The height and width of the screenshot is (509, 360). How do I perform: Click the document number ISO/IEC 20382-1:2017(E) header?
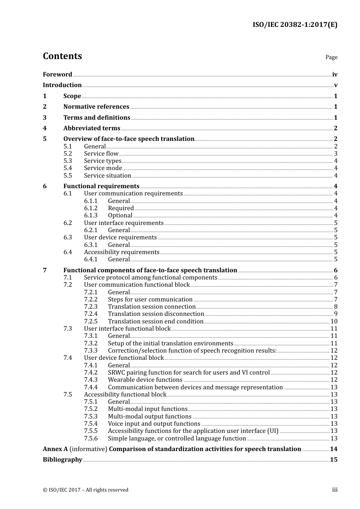295,25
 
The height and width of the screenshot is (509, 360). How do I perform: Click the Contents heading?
62,56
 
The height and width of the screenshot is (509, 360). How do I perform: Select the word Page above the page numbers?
331,57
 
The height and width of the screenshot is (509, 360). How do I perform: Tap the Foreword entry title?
57,74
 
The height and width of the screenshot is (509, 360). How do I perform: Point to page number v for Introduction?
335,85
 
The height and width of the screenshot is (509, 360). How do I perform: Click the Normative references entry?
96,107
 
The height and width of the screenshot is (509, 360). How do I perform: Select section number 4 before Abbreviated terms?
45,128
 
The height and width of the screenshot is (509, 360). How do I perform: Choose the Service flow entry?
101,153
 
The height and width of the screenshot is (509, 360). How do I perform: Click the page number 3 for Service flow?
335,153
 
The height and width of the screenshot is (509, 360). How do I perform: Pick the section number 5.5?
67,175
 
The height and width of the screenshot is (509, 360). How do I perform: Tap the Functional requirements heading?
101,186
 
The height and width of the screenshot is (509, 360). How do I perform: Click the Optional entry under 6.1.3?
120,215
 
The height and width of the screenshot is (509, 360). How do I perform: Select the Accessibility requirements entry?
122,252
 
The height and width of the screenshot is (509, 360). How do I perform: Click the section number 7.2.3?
91,307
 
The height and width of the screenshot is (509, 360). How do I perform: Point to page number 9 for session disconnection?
335,314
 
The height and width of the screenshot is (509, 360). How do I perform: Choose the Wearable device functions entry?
145,380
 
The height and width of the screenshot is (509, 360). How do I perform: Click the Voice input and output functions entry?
154,424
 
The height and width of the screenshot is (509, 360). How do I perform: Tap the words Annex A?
55,449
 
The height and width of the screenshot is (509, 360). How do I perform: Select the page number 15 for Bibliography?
333,460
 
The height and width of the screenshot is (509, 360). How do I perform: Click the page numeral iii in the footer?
335,490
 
